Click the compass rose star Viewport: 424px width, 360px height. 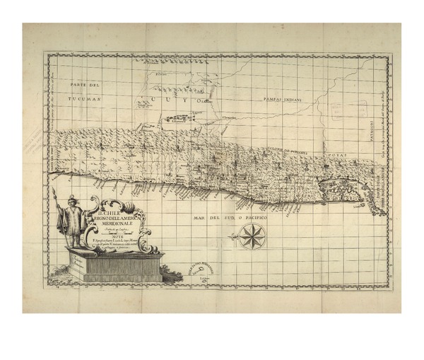click(x=252, y=236)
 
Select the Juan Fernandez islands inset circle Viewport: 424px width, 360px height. click(x=199, y=272)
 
